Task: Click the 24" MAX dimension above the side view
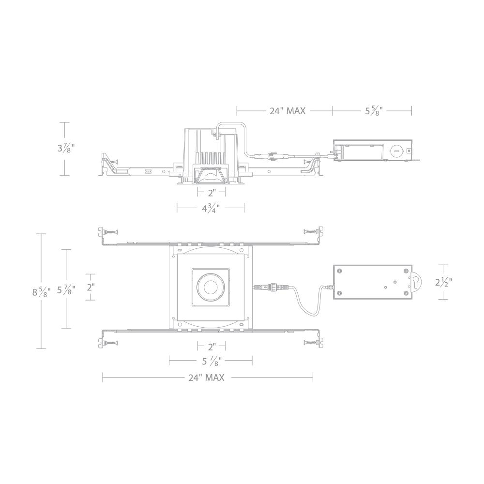[287, 111]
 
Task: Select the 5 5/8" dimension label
[374, 111]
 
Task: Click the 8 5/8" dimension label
[40, 291]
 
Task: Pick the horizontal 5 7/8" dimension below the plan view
[210, 360]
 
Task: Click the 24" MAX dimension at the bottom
[207, 378]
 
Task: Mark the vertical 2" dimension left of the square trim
[90, 287]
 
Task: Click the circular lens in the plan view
[211, 287]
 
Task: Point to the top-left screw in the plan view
[110, 232]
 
